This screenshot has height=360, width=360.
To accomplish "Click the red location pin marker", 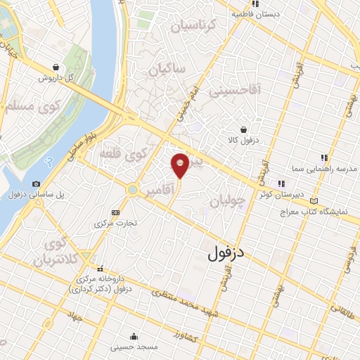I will point(180,165).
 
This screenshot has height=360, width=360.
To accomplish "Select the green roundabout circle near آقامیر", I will point(132,189).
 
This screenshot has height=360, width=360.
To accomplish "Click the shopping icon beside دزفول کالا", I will point(243,130).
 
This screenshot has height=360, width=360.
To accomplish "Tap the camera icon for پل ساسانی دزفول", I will point(37,184).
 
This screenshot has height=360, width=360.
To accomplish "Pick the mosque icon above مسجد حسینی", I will point(134,337).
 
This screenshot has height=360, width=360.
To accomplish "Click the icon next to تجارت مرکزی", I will point(115,212).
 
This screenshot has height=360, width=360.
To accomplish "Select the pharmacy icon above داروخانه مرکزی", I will point(103,268).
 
